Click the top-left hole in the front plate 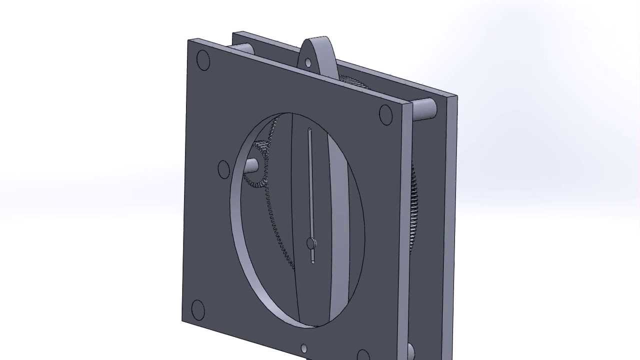203,60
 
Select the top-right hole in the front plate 385,114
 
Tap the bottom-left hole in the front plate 197,310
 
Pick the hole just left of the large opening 224,169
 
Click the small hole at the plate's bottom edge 304,348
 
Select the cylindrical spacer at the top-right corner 424,109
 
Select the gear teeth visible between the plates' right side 413,210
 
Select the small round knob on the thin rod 311,243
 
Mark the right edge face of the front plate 405,225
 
